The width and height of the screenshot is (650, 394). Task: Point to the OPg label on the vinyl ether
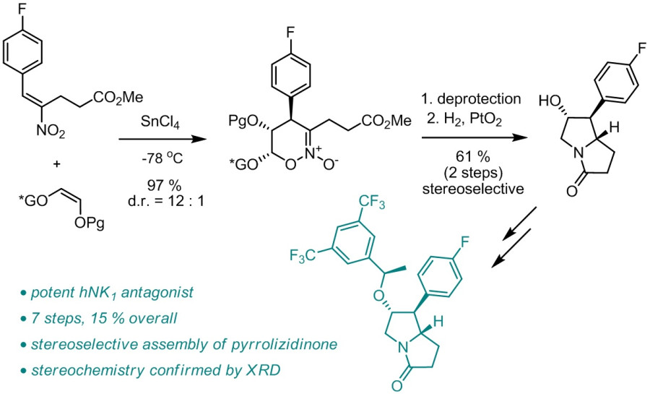[x=90, y=224]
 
